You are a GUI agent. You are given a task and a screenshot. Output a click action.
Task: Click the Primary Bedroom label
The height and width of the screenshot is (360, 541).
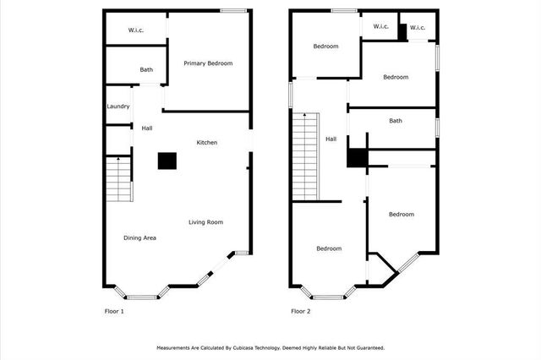pyautogui.click(x=208, y=63)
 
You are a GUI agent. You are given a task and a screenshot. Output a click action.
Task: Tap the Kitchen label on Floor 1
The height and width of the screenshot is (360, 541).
pyautogui.click(x=207, y=143)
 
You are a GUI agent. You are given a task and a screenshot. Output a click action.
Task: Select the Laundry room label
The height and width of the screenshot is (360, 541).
pyautogui.click(x=118, y=106)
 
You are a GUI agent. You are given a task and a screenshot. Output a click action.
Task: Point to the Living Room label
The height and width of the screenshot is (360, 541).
pyautogui.click(x=205, y=222)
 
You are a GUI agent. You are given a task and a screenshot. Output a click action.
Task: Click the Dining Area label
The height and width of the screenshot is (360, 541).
pyautogui.click(x=139, y=237)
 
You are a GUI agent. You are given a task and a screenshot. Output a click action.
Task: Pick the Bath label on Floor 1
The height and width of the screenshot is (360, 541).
pyautogui.click(x=146, y=70)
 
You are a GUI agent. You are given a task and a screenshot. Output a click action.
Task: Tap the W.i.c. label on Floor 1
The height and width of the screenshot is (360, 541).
pyautogui.click(x=137, y=31)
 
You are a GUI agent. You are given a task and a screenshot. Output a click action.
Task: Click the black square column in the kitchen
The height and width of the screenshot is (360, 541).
pyautogui.click(x=167, y=161)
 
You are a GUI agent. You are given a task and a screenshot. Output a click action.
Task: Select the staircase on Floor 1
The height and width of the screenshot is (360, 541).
pyautogui.click(x=119, y=178)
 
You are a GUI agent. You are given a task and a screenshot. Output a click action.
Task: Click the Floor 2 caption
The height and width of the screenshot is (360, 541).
pyautogui.click(x=301, y=312)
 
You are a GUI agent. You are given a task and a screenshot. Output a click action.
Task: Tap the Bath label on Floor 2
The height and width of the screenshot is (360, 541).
pyautogui.click(x=396, y=121)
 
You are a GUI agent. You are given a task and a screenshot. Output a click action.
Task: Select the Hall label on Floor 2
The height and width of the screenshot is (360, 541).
pyautogui.click(x=331, y=139)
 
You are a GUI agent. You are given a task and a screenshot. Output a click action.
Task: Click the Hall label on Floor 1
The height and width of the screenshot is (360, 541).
pyautogui.click(x=147, y=128)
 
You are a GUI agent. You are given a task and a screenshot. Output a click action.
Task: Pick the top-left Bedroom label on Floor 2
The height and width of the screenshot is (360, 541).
pyautogui.click(x=325, y=46)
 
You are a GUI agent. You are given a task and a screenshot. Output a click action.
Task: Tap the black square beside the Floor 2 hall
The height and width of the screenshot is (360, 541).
pyautogui.click(x=356, y=158)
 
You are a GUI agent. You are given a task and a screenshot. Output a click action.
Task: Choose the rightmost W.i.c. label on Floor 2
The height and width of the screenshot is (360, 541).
pyautogui.click(x=418, y=28)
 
